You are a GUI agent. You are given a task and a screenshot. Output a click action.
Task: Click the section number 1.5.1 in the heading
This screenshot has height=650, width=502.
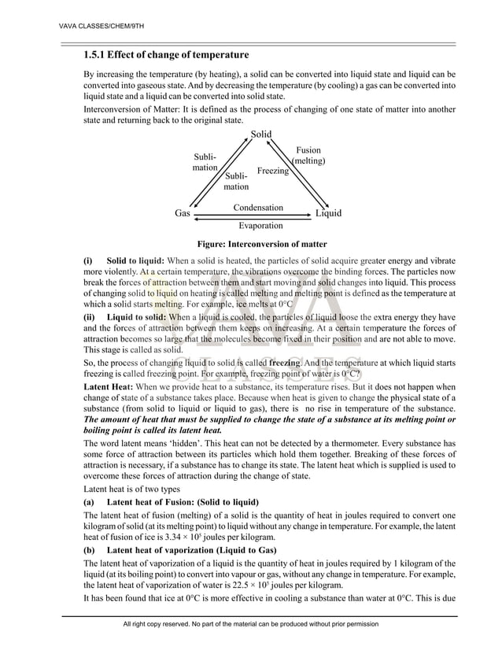(99, 55)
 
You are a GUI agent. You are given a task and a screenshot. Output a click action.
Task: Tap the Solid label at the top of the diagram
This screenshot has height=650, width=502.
(261, 135)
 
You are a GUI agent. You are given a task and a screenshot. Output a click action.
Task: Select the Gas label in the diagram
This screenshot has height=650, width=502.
(183, 213)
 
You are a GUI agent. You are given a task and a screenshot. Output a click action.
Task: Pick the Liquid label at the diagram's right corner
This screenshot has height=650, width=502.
(328, 213)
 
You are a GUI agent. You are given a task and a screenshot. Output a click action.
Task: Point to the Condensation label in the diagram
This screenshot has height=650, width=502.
(257, 208)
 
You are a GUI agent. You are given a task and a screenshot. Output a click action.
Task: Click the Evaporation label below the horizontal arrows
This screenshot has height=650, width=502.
(260, 226)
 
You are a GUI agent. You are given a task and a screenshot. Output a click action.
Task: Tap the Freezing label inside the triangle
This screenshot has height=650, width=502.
(272, 171)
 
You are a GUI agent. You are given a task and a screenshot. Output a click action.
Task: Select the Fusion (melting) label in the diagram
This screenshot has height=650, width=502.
(308, 155)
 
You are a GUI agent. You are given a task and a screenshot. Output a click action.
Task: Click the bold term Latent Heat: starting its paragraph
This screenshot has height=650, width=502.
(108, 387)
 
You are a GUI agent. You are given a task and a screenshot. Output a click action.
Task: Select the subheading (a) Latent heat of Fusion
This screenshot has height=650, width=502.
(171, 502)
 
